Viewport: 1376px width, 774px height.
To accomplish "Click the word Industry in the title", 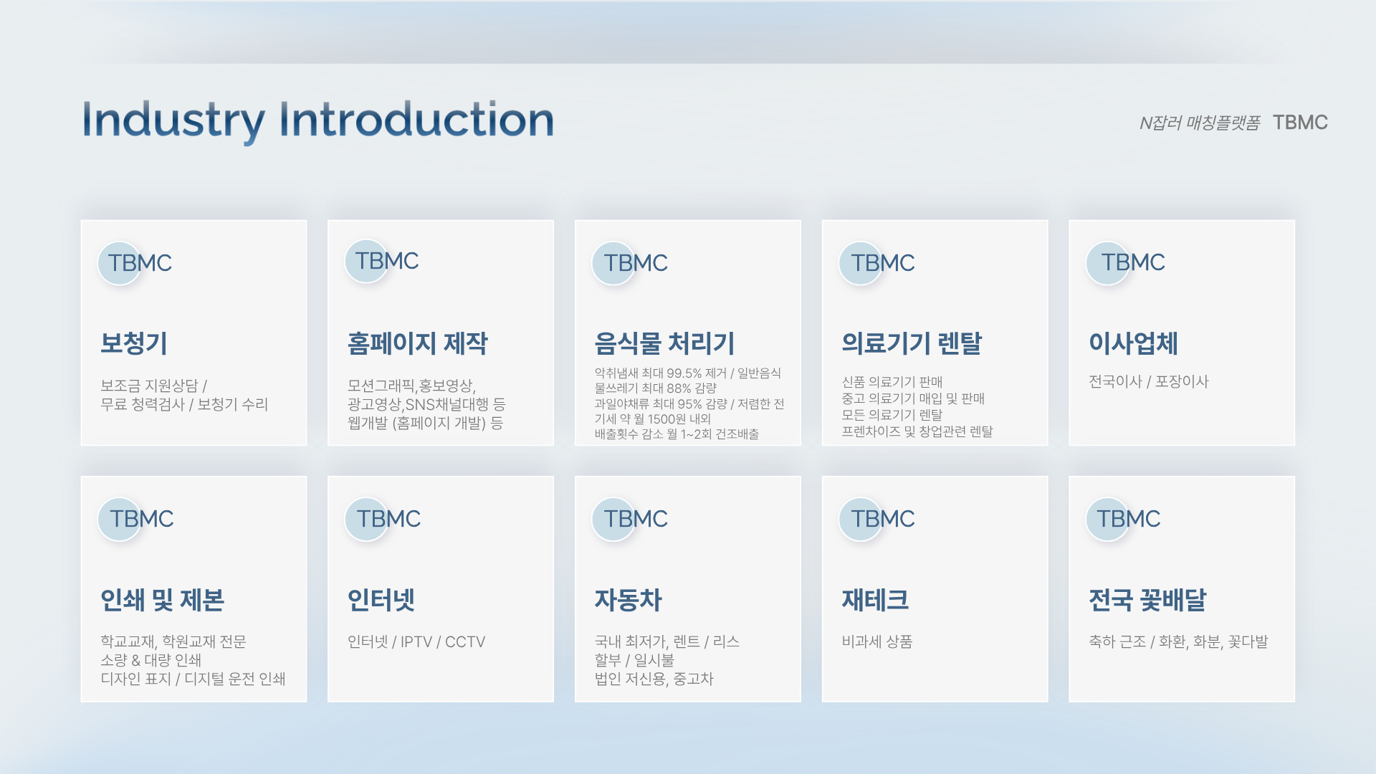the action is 173,120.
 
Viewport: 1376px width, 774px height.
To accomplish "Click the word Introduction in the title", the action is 416,119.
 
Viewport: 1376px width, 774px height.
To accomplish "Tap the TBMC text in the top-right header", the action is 1300,123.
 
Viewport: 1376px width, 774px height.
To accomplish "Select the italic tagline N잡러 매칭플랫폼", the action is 1200,123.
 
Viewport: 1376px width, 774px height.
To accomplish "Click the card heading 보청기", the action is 134,343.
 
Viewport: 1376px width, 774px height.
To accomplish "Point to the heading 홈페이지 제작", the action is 417,343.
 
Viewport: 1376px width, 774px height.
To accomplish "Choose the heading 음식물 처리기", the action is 664,343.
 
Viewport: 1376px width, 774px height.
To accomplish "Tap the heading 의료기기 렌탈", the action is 912,343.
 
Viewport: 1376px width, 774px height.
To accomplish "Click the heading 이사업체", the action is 1133,343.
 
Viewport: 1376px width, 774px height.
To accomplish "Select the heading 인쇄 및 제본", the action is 163,600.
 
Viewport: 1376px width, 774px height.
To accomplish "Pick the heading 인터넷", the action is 381,600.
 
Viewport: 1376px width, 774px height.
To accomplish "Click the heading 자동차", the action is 629,600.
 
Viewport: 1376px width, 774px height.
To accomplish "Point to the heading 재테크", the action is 876,600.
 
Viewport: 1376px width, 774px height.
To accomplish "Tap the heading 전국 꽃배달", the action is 1148,600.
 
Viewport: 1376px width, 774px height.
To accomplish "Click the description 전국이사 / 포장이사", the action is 1149,381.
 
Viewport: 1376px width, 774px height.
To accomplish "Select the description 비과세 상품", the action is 877,641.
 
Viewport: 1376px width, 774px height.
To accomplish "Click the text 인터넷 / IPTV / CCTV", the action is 416,641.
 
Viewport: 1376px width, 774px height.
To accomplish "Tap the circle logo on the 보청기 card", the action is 120,263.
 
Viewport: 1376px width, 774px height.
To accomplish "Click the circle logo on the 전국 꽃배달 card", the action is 1108,519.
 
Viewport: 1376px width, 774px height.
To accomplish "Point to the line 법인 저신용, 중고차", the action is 654,679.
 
